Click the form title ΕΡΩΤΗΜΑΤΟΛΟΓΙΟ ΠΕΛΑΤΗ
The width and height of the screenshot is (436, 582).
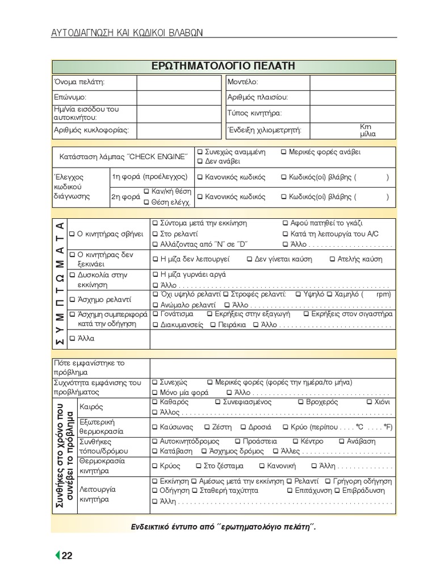(223, 66)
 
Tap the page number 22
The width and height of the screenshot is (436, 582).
(67, 556)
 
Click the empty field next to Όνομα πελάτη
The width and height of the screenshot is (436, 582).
(178, 82)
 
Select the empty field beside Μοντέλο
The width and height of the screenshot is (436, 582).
(352, 82)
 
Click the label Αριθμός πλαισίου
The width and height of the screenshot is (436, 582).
(258, 98)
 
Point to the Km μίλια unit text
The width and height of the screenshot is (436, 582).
(367, 130)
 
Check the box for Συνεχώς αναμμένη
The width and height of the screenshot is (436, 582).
(200, 152)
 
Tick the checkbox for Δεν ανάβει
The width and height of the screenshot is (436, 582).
(200, 162)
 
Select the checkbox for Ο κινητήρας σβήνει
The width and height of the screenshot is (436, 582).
(72, 234)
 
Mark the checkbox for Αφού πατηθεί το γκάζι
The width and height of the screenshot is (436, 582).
(286, 223)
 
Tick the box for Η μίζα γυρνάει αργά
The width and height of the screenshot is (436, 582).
(156, 275)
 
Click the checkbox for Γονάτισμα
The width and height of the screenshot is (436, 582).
(156, 314)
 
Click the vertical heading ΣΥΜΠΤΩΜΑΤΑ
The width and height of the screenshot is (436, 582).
(59, 283)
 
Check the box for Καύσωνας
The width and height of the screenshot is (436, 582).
(156, 427)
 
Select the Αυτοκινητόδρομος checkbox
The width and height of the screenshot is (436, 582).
(156, 442)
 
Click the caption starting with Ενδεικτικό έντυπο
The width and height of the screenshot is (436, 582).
(223, 527)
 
